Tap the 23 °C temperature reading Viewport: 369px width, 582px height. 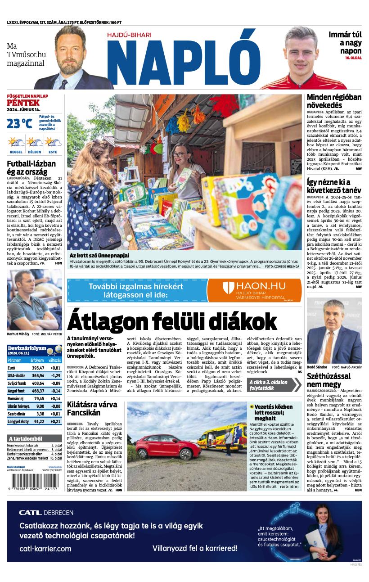pos(19,123)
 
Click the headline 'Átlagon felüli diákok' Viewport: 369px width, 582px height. pos(172,322)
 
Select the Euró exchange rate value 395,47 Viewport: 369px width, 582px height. pos(38,368)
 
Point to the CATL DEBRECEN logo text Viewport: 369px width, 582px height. pos(46,512)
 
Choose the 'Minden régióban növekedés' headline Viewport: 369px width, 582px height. pos(334,101)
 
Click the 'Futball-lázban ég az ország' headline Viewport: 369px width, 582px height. pos(31,167)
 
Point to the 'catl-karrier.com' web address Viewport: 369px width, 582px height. pos(45,548)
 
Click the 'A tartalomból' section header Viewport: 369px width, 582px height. pos(26,438)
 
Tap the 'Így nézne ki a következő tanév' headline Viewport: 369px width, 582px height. pos(334,186)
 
